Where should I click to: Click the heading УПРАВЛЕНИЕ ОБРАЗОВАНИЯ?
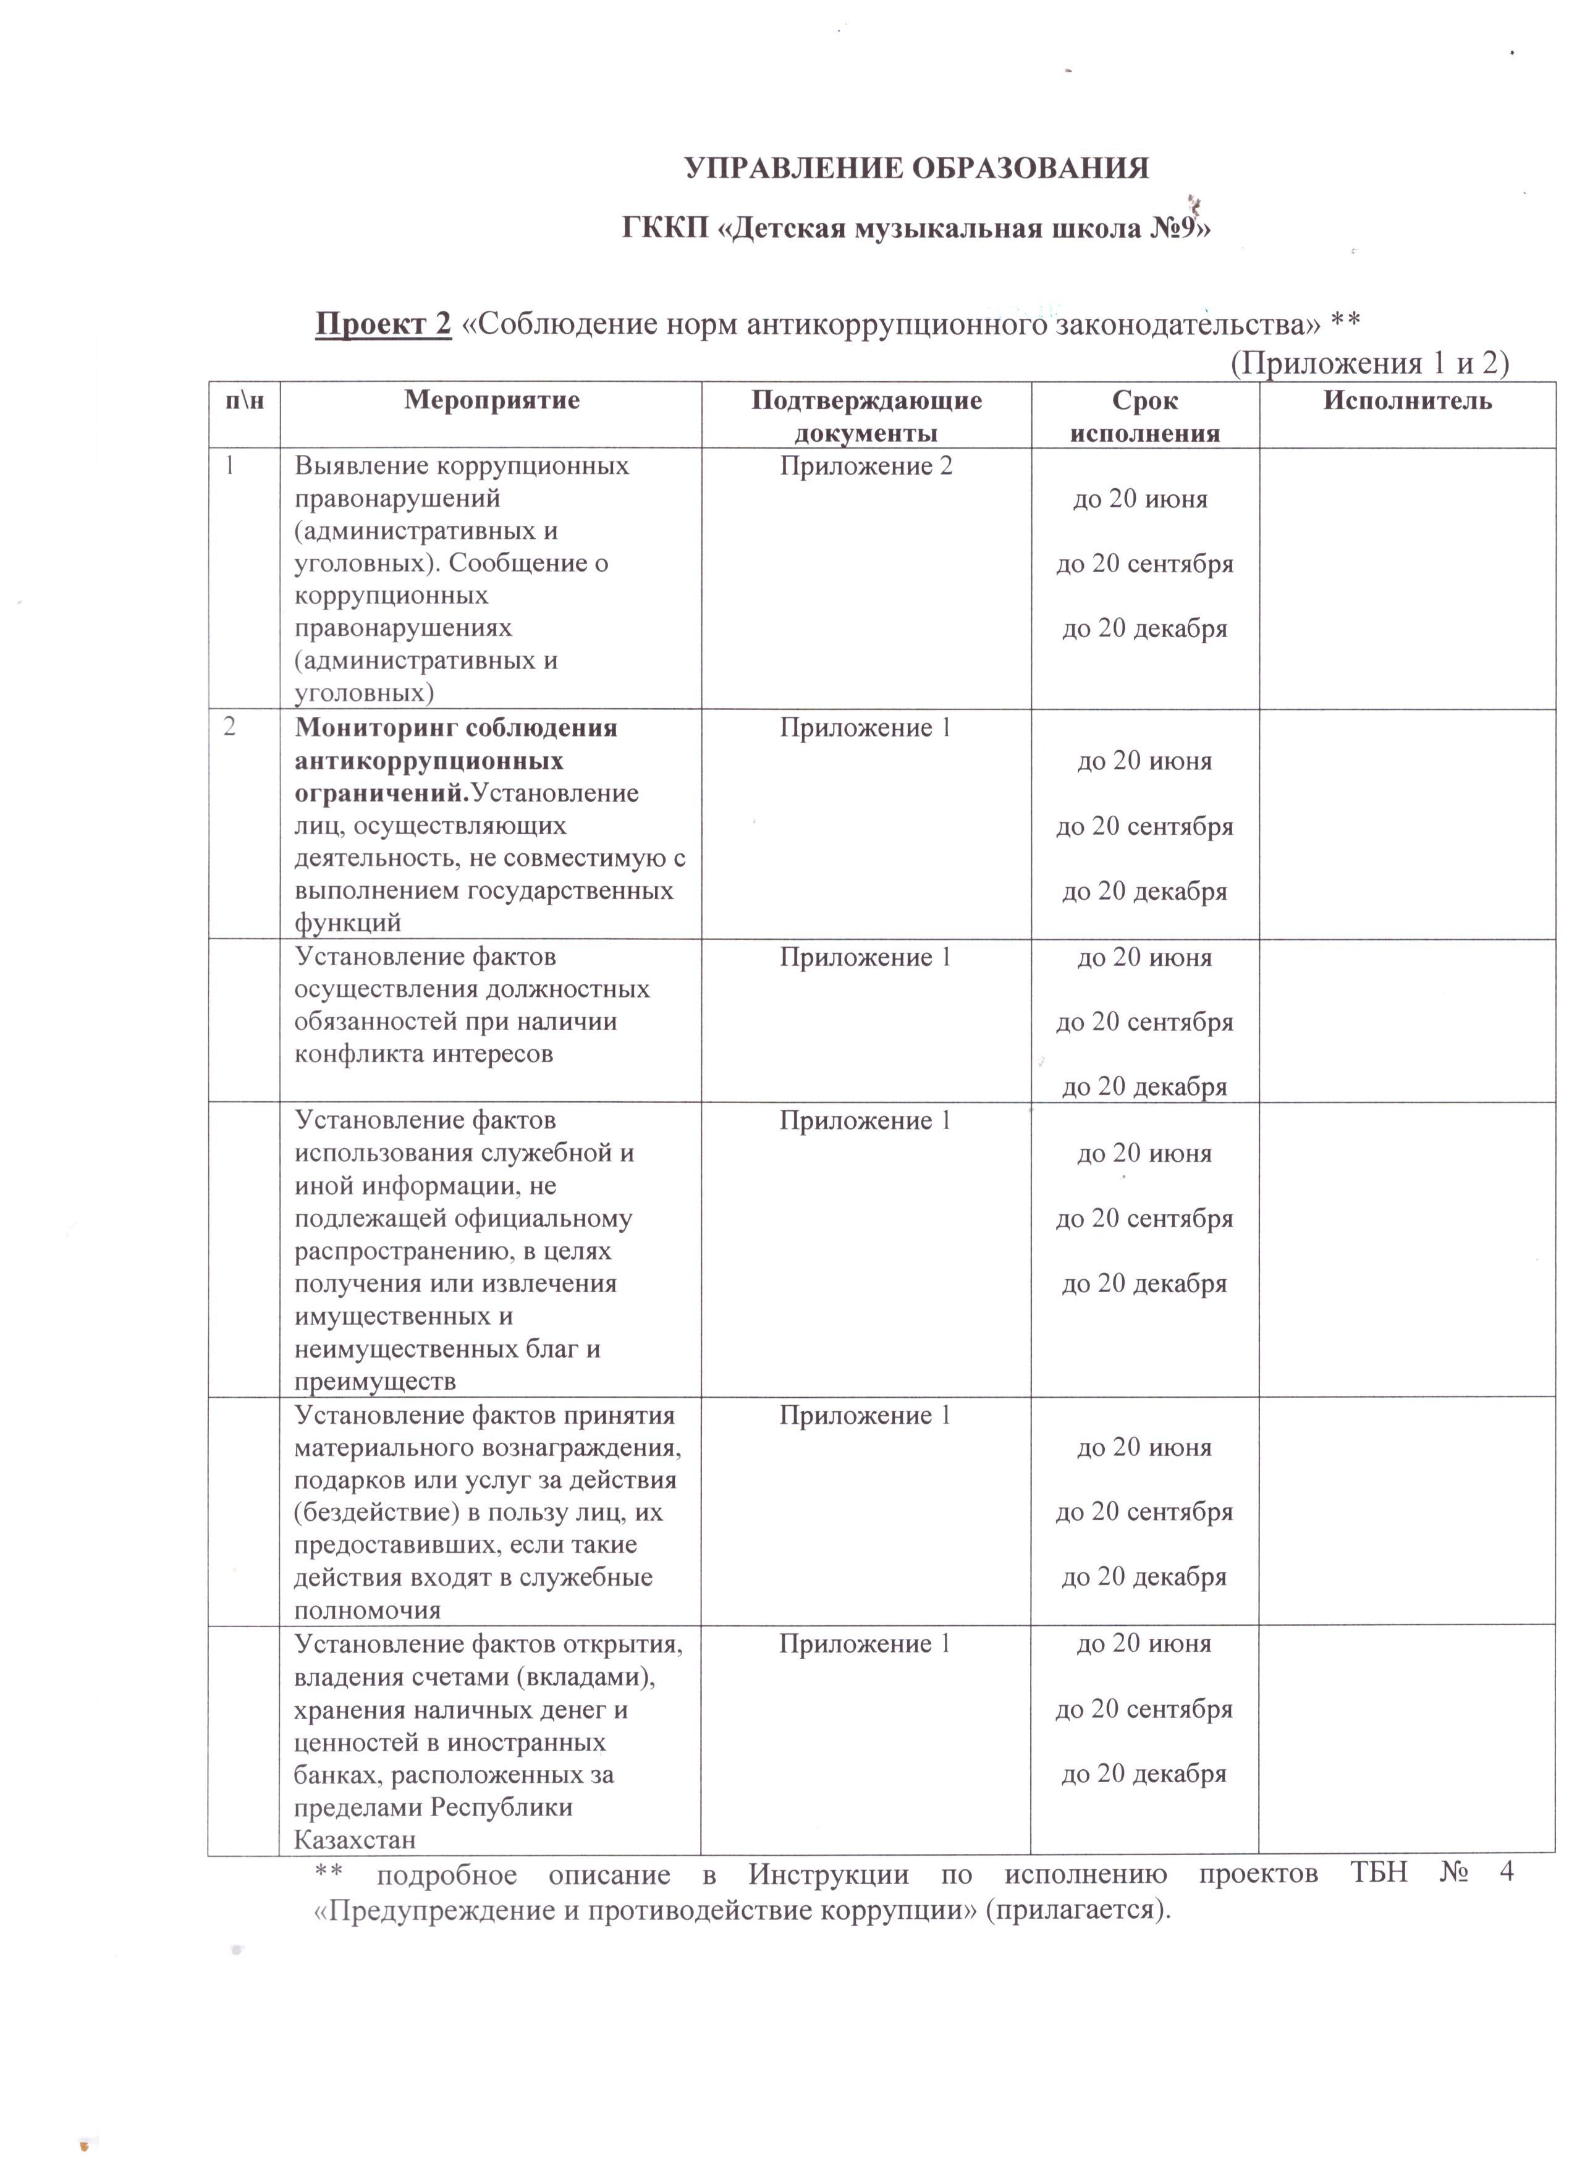(916, 168)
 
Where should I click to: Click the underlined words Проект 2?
(383, 324)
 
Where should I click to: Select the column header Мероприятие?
(491, 400)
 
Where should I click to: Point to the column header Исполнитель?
(1407, 400)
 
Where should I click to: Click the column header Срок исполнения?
(1144, 416)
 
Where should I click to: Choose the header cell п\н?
(244, 400)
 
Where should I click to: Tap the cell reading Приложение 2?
(866, 467)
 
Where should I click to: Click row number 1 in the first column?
(229, 467)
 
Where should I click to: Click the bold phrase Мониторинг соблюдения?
(456, 728)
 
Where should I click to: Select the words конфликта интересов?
(424, 1054)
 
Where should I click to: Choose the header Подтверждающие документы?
(866, 416)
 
